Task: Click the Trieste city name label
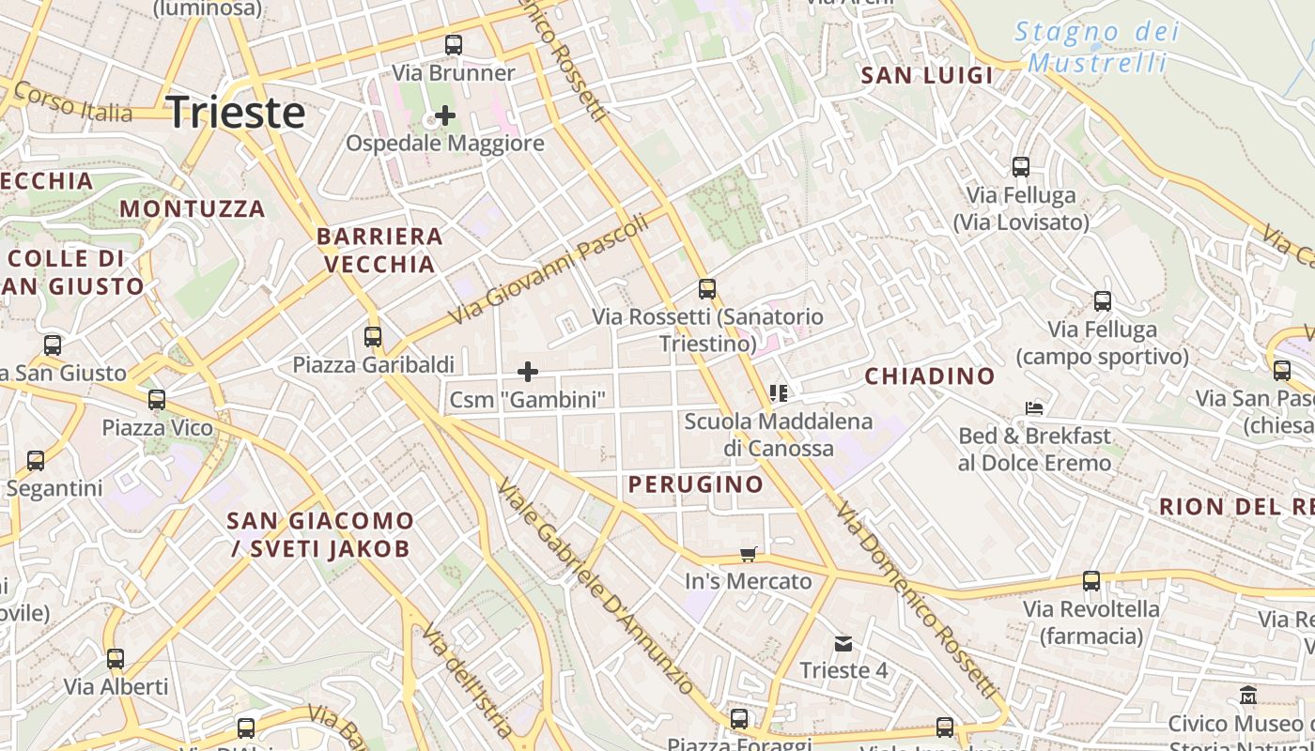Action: (x=236, y=112)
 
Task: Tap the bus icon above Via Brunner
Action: (x=454, y=44)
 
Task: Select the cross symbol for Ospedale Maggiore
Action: (x=445, y=115)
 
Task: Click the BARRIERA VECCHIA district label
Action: (x=379, y=250)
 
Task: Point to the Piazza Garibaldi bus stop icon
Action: (x=373, y=336)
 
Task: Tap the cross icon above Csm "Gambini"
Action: (x=528, y=372)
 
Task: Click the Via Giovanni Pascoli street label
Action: (x=549, y=269)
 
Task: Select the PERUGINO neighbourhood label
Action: (x=695, y=484)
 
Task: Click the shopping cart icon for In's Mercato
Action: (x=748, y=554)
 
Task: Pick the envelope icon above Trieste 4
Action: (x=843, y=643)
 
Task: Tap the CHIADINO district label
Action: (x=929, y=376)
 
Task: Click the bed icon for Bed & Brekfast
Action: (x=1034, y=408)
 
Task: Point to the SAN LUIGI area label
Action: (x=926, y=76)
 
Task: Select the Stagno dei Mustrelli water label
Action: (x=1096, y=47)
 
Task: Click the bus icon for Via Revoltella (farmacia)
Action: (x=1091, y=581)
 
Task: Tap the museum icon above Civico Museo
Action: (x=1248, y=696)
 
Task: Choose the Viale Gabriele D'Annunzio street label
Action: (x=596, y=587)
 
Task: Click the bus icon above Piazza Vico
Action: (x=157, y=400)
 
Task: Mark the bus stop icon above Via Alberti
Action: (x=116, y=659)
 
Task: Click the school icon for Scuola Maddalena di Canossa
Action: (x=778, y=392)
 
